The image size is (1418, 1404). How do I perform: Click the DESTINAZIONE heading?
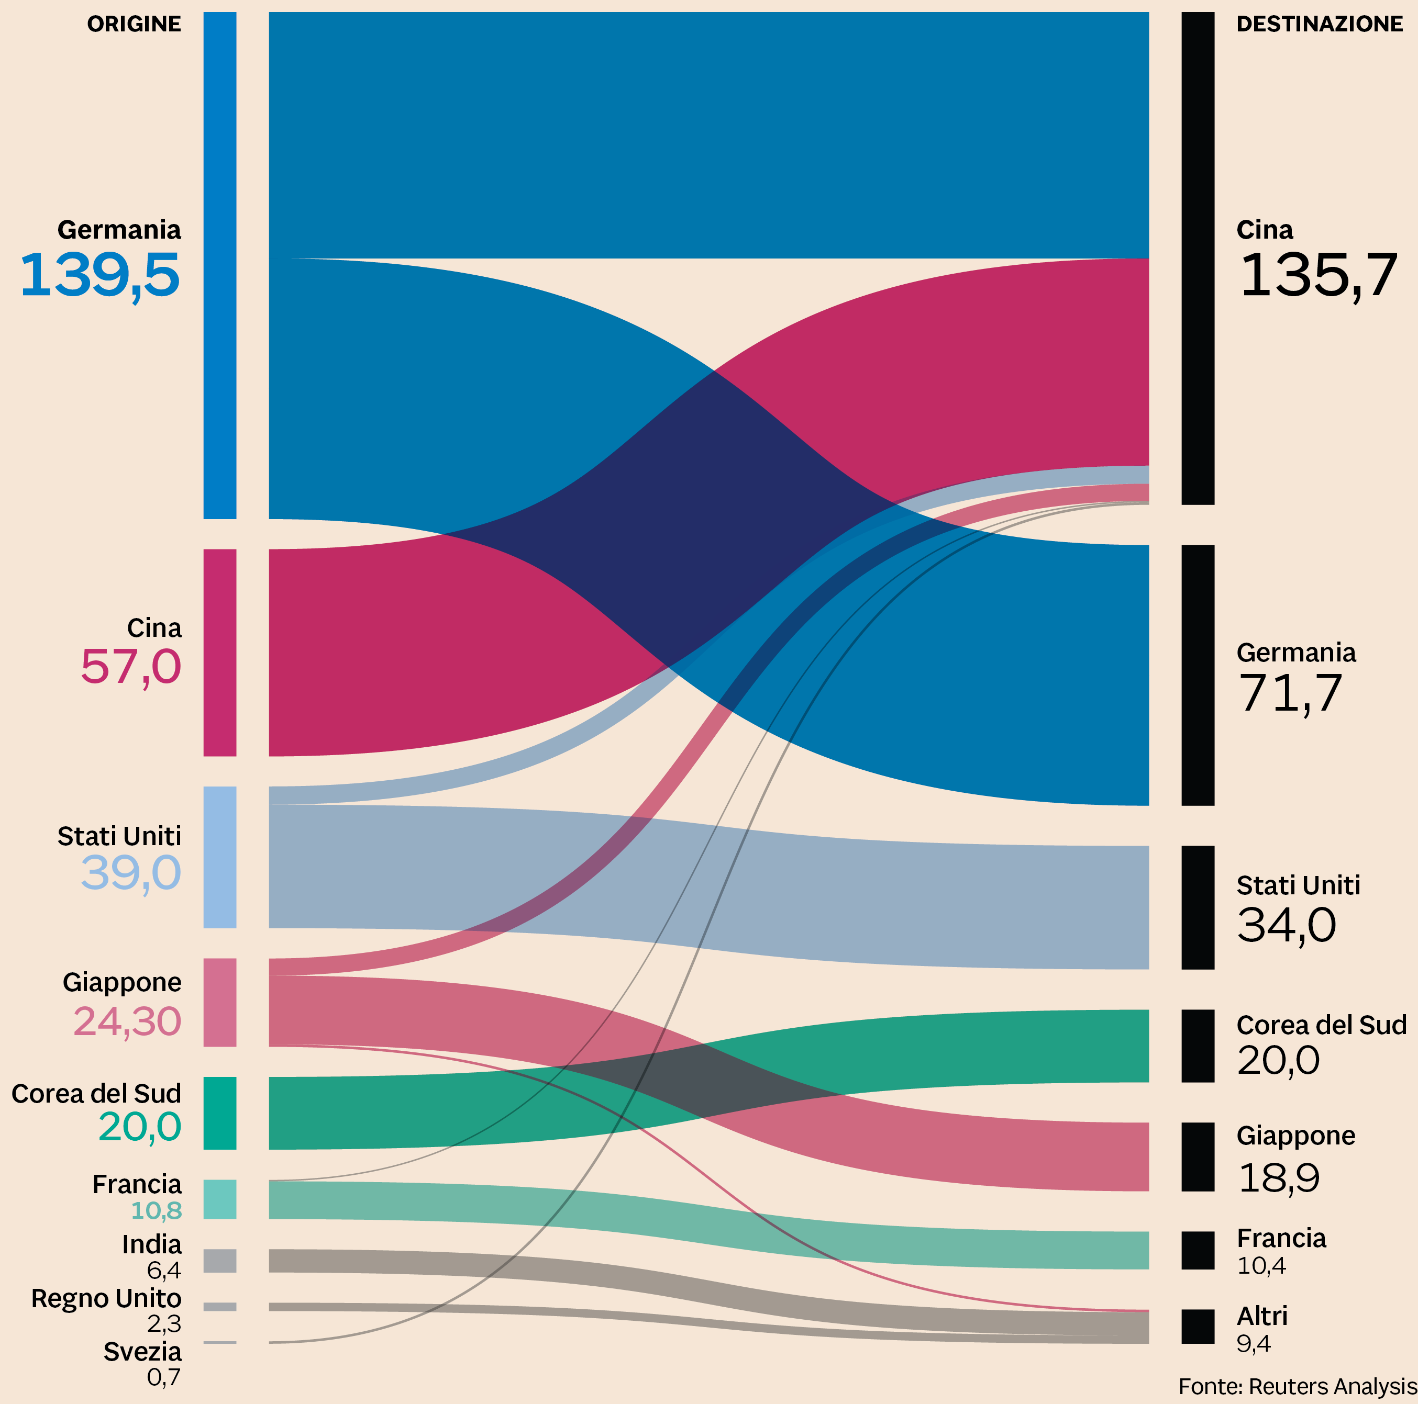[x=1319, y=24]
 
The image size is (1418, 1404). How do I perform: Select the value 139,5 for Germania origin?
[x=100, y=275]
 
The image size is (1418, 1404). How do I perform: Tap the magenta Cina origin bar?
[x=219, y=652]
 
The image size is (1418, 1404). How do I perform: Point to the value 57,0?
[x=130, y=667]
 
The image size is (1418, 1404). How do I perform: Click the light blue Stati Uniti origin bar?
[x=219, y=857]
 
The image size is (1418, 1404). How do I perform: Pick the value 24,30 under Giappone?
[x=127, y=1021]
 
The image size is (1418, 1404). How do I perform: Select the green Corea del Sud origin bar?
[x=219, y=1113]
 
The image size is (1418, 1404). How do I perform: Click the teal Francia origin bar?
[x=219, y=1199]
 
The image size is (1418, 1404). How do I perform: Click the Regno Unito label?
[x=106, y=1298]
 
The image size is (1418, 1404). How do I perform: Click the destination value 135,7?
[x=1318, y=275]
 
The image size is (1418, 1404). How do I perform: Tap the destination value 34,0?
[x=1287, y=925]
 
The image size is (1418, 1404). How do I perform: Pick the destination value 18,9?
[x=1279, y=1178]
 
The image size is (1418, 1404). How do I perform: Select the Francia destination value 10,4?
[x=1261, y=1265]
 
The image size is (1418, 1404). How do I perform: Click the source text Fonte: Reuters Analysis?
[x=1297, y=1386]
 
